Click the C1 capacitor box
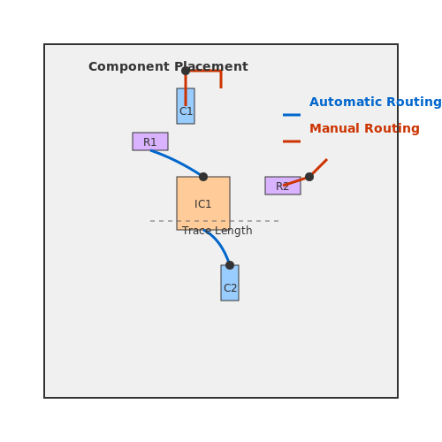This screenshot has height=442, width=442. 186,106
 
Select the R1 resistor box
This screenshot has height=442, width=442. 150,141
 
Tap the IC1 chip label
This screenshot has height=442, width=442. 203,204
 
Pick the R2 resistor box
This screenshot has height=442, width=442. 283,186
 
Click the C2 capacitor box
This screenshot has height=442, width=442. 230,283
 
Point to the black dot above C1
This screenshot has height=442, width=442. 186,71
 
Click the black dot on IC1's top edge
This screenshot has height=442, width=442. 203,177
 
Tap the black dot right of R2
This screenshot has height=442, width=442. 309,177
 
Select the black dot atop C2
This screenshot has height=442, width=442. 230,265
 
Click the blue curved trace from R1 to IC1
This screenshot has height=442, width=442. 177,161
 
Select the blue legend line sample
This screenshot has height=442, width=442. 292,115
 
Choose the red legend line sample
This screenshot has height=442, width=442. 292,141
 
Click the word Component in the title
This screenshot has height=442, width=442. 129,67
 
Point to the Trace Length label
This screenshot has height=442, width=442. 217,231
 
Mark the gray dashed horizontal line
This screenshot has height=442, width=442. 214,221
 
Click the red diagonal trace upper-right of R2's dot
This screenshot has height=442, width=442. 318,168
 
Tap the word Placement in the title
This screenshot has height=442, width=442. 211,66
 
